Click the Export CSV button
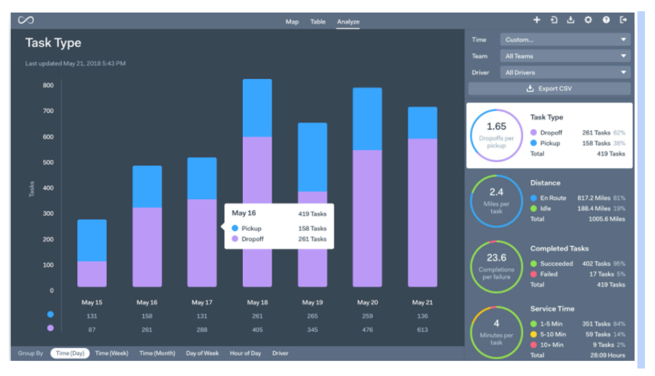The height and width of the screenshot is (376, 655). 549,89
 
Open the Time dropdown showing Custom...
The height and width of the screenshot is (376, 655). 565,39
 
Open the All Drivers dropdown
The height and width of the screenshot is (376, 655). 565,73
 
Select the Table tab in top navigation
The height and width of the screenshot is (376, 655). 317,22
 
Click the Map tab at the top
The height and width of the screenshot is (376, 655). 292,22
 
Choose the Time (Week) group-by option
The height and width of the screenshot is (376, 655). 112,353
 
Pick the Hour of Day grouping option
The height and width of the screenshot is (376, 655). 245,353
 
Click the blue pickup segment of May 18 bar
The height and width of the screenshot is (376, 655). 257,108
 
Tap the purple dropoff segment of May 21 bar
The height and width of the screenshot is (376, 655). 422,213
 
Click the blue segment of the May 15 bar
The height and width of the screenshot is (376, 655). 92,240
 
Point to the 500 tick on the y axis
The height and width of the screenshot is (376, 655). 48,162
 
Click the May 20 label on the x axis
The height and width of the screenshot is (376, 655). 367,303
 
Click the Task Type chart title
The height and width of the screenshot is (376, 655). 53,43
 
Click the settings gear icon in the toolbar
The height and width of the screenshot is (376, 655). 588,20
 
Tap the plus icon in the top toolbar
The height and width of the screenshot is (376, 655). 536,20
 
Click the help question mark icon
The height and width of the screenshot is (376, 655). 606,20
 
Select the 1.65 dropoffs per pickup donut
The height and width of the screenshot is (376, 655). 496,135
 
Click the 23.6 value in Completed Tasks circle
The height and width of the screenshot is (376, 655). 496,258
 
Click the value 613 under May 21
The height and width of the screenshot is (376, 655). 422,329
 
